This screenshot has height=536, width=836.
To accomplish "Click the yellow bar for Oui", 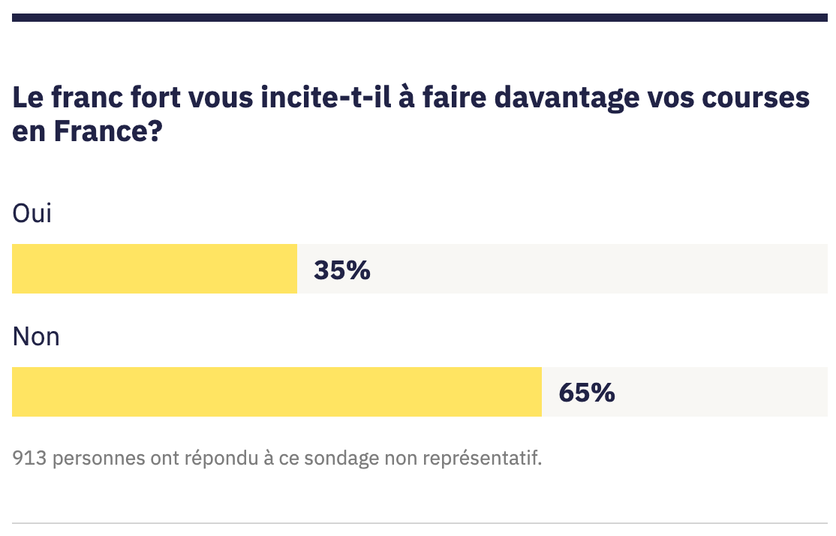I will tap(155, 269).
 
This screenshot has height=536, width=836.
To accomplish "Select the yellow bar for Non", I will tap(276, 392).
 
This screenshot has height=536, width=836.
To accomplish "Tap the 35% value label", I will tap(342, 270).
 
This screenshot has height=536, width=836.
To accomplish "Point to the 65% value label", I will tap(587, 393).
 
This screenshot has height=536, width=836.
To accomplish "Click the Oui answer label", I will tap(32, 213).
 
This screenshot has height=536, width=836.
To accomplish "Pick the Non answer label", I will tap(36, 336).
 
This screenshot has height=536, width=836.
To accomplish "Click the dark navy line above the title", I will tap(420, 17).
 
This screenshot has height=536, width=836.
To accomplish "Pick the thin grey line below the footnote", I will tap(420, 522).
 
